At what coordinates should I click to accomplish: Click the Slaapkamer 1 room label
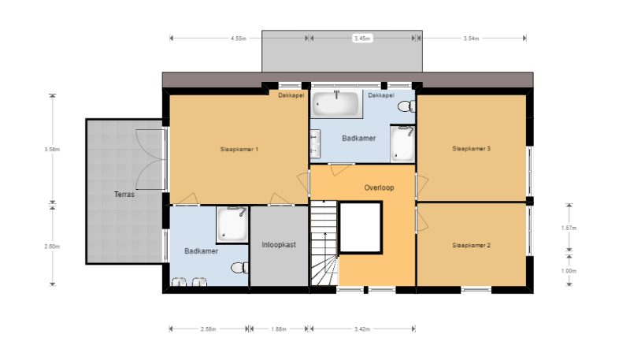tap(239, 148)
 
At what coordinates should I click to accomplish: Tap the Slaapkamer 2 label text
tap(471, 246)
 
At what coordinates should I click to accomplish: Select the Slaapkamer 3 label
tap(471, 148)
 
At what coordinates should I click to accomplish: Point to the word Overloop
tap(379, 188)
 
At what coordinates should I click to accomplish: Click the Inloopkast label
tap(279, 245)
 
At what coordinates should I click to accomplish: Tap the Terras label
tap(124, 194)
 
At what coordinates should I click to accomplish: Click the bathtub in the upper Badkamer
tap(336, 102)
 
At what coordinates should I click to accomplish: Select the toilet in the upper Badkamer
tap(406, 106)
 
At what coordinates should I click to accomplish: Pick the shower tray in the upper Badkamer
tap(402, 144)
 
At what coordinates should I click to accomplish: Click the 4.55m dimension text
tap(239, 38)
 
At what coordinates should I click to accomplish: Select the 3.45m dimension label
tap(362, 38)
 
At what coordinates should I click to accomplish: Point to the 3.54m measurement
tap(472, 38)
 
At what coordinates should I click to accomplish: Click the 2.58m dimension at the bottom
tap(208, 328)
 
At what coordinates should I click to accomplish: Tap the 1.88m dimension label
tap(279, 328)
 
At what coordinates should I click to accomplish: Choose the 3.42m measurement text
tap(362, 328)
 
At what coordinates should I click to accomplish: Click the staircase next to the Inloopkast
tap(324, 244)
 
